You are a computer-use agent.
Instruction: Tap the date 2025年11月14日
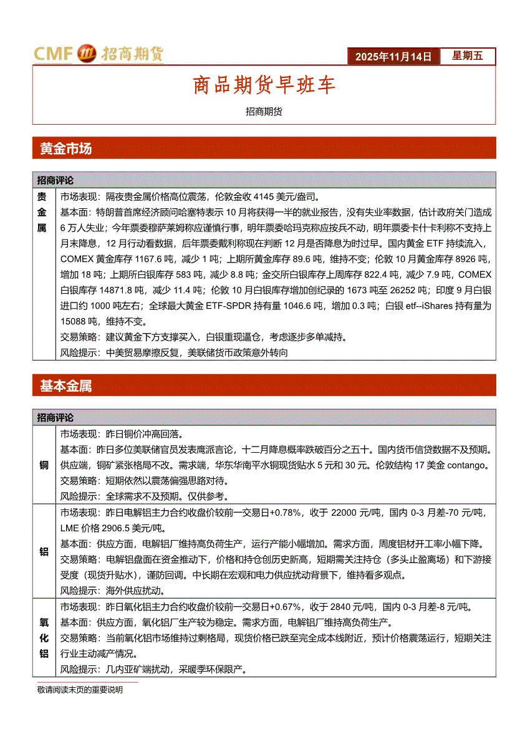click(393, 57)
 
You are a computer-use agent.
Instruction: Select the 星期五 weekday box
click(467, 56)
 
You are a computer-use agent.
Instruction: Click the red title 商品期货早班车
click(264, 85)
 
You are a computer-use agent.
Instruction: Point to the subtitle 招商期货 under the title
click(264, 112)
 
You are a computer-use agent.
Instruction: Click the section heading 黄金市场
click(66, 148)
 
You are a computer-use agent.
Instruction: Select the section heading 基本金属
click(66, 386)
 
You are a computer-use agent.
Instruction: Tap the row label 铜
click(44, 465)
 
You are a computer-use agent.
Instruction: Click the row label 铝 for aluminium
click(44, 551)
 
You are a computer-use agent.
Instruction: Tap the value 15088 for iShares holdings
click(74, 322)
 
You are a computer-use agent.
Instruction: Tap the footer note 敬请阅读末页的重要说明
click(80, 690)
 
